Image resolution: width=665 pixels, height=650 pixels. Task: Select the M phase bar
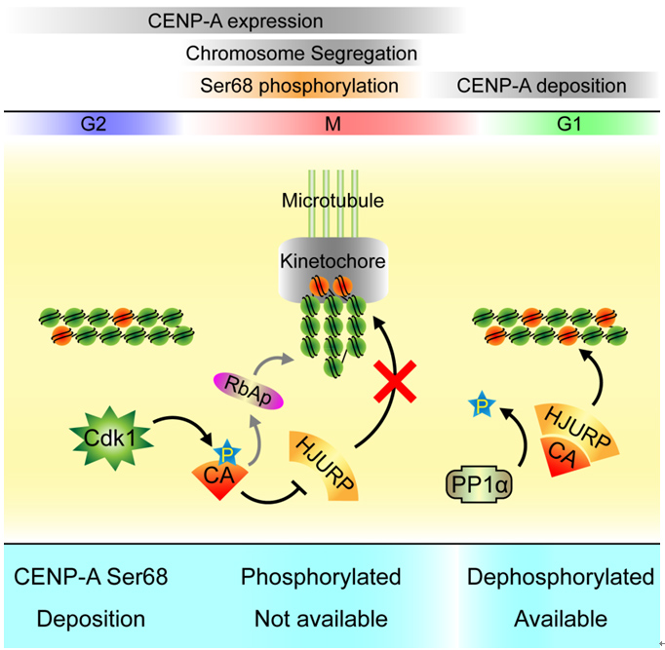coord(332,124)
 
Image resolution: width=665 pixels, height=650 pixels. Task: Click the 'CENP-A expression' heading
coord(235,19)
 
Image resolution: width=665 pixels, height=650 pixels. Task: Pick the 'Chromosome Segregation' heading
coord(301,53)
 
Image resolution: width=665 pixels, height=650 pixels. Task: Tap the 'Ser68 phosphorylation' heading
coord(298,86)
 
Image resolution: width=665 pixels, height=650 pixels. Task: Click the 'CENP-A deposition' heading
coord(541,86)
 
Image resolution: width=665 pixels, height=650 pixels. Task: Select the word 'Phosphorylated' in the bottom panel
coord(321,578)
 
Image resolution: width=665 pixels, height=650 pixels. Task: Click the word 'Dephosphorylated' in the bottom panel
coord(561,578)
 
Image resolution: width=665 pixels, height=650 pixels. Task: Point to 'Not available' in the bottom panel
coord(321,619)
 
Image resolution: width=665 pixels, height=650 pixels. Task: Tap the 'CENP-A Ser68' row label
coord(92,578)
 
